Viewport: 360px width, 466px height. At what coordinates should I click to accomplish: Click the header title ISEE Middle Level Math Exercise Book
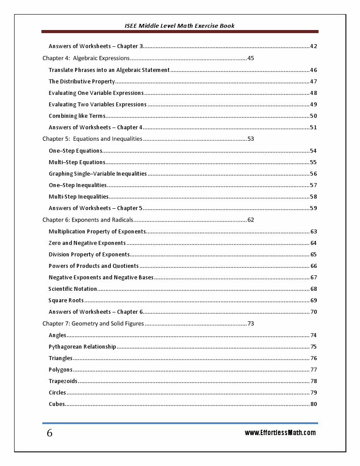pyautogui.click(x=180, y=26)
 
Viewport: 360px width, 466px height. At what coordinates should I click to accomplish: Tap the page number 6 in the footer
pyautogui.click(x=49, y=433)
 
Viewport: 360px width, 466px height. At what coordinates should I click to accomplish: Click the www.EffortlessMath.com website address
pyautogui.click(x=280, y=432)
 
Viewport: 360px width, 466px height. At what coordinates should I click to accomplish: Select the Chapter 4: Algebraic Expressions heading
pyautogui.click(x=86, y=58)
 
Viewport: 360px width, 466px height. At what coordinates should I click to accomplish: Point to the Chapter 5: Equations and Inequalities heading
pyautogui.click(x=92, y=139)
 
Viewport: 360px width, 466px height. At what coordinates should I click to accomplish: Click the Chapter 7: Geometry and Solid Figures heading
pyautogui.click(x=93, y=323)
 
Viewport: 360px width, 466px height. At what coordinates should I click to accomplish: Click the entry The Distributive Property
pyautogui.click(x=82, y=82)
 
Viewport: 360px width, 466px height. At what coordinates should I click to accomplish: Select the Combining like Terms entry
pyautogui.click(x=77, y=116)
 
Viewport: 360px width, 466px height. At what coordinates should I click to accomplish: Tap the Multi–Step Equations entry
pyautogui.click(x=77, y=162)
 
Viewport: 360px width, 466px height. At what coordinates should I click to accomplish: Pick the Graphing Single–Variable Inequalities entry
pyautogui.click(x=97, y=174)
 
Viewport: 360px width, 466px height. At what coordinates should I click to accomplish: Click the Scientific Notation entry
pyautogui.click(x=73, y=289)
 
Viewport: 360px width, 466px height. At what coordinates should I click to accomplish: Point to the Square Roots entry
pyautogui.click(x=66, y=301)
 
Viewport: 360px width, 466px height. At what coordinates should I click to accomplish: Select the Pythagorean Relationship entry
pyautogui.click(x=82, y=347)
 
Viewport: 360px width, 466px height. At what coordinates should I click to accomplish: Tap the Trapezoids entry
pyautogui.click(x=63, y=381)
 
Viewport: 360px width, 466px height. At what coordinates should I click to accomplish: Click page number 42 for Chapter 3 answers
pyautogui.click(x=314, y=46)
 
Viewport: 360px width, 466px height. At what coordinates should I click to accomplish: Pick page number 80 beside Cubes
pyautogui.click(x=314, y=404)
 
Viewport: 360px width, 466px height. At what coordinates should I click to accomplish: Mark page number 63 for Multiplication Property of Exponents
pyautogui.click(x=314, y=232)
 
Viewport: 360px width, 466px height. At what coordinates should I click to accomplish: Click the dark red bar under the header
pyautogui.click(x=180, y=32)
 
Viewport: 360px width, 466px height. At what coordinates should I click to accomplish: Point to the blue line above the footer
pyautogui.click(x=180, y=423)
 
